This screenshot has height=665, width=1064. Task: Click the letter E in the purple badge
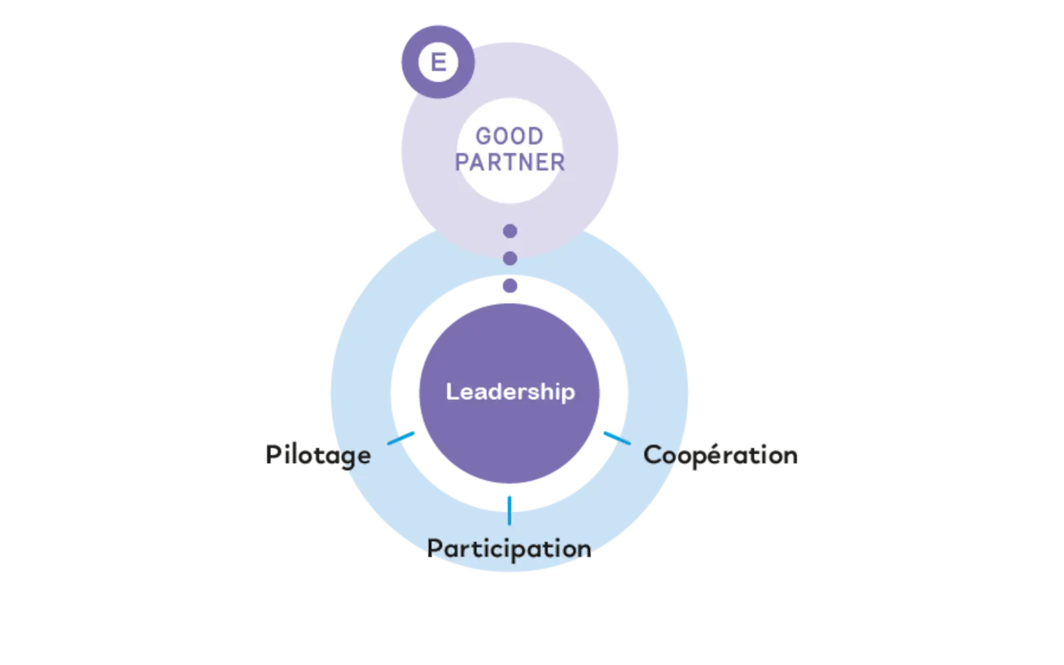(x=438, y=62)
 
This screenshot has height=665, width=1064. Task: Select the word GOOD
(x=509, y=136)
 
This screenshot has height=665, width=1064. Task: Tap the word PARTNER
(x=510, y=162)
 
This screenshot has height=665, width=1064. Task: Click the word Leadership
(x=510, y=392)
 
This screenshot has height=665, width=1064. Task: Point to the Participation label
(x=509, y=549)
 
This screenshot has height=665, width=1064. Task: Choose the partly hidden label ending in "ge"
(x=319, y=456)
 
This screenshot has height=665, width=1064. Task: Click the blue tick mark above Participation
(x=509, y=510)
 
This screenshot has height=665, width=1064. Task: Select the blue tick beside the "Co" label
(x=616, y=437)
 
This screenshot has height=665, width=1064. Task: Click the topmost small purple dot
(x=510, y=231)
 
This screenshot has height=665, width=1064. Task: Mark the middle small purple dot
(x=510, y=258)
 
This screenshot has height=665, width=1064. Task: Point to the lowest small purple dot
(x=510, y=286)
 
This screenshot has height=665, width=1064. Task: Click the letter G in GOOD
(x=483, y=136)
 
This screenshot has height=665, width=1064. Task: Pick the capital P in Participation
(x=434, y=549)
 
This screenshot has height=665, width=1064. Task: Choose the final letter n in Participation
(x=583, y=550)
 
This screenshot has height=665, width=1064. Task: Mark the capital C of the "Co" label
(x=652, y=456)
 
